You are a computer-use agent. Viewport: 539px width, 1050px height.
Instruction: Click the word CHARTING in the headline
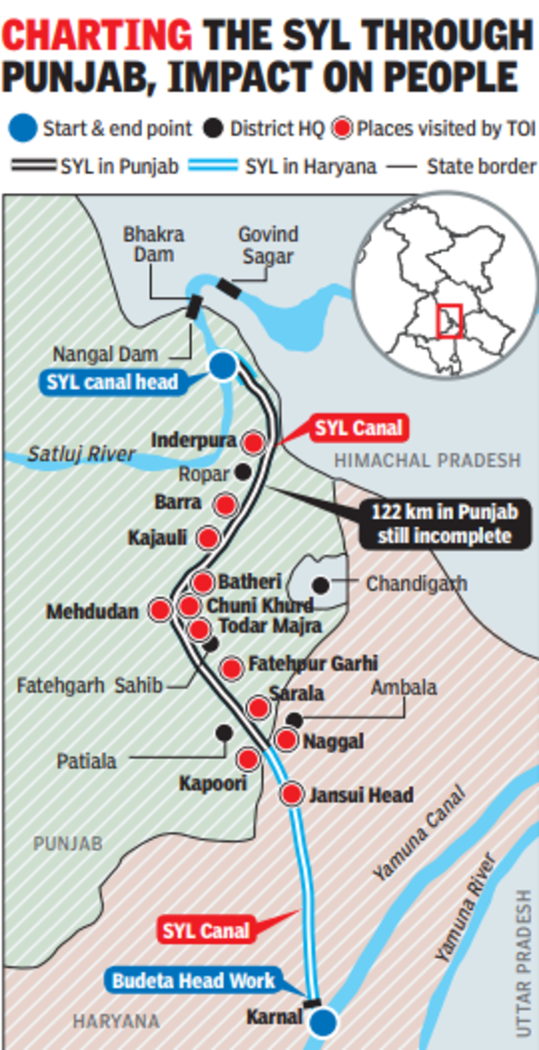tap(97, 36)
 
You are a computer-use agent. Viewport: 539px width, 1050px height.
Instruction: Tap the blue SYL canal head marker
tap(223, 365)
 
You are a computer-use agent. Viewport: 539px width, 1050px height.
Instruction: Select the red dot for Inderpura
tap(254, 442)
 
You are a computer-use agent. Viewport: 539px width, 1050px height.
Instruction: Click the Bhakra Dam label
tap(155, 245)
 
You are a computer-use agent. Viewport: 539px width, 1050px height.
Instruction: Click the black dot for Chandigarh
tap(321, 583)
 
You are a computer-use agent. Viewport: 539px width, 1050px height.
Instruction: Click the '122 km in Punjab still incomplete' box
tap(441, 525)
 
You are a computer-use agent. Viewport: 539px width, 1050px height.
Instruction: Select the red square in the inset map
tap(449, 321)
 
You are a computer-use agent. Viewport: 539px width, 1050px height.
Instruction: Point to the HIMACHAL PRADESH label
tap(428, 461)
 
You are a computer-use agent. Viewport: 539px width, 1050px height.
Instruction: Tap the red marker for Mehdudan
tap(160, 611)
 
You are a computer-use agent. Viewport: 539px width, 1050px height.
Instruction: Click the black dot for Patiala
tap(222, 732)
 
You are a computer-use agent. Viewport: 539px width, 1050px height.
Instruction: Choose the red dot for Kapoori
tap(248, 760)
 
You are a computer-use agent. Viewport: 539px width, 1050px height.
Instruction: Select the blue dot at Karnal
tap(324, 1022)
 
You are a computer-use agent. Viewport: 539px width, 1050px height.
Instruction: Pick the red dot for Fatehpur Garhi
tap(232, 667)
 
